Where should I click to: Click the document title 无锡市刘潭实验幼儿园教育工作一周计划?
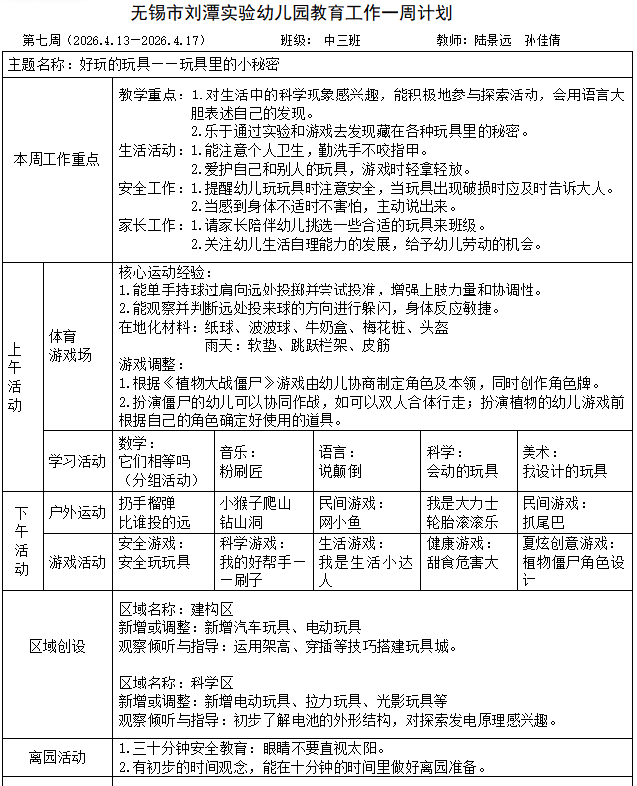point(318,13)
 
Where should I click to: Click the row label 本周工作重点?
point(57,159)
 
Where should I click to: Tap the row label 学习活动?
point(77,460)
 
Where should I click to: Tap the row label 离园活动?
point(57,757)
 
